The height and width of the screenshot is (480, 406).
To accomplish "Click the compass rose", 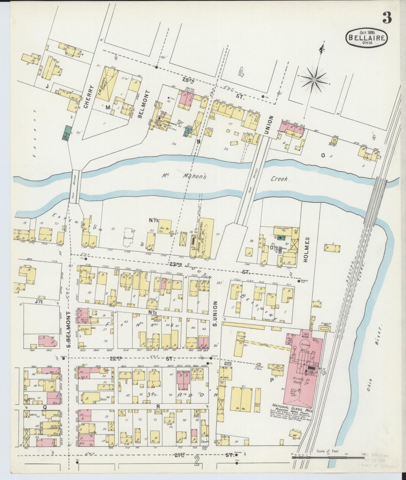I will (314, 80).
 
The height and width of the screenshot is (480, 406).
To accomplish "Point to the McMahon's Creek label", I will (225, 178).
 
